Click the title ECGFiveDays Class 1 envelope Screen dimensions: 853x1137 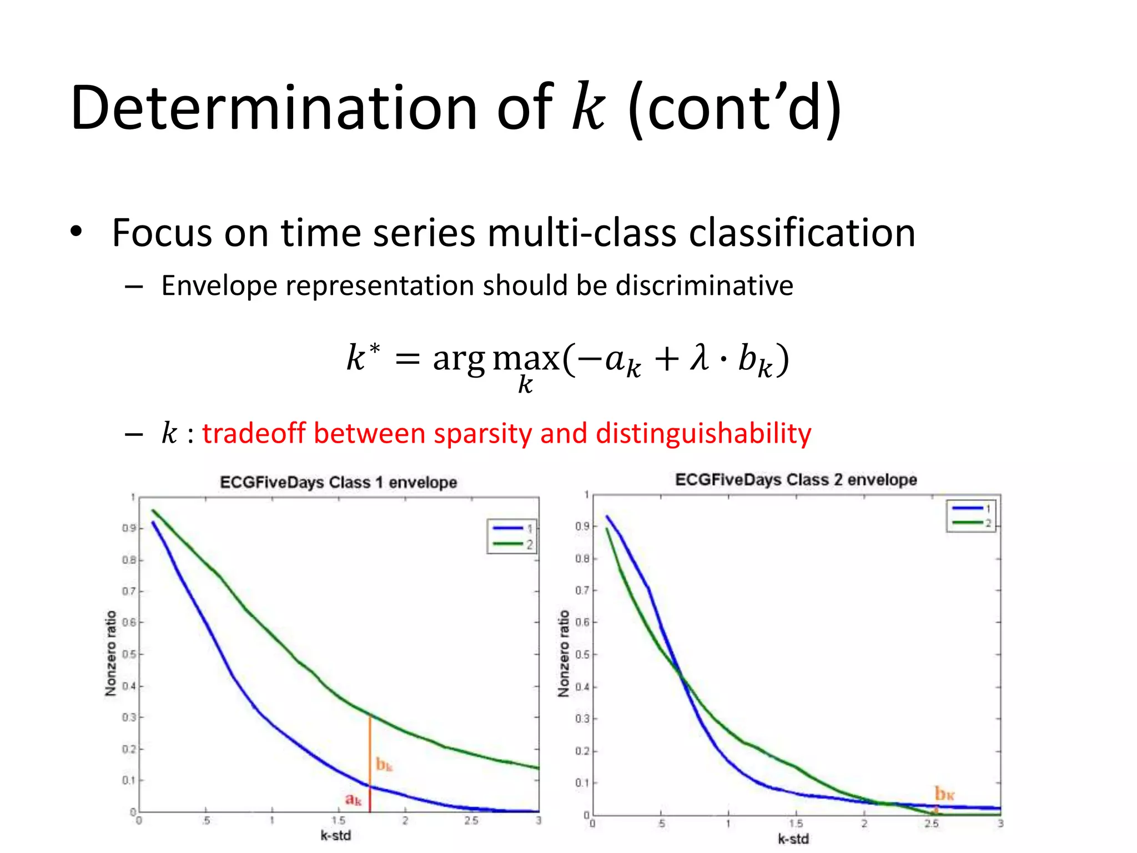point(338,482)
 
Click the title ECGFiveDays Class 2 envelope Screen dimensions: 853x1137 point(796,480)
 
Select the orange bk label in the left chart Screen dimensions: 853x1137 point(384,765)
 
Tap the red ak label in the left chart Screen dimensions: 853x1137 point(353,799)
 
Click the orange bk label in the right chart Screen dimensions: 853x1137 point(944,793)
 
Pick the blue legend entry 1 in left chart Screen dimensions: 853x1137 point(511,528)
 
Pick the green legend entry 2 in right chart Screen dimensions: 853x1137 point(972,523)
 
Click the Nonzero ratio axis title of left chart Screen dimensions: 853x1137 point(111,653)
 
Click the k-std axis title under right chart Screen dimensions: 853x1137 point(793,839)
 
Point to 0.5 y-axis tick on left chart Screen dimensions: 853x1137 point(129,654)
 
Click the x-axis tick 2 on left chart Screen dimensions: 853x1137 point(405,821)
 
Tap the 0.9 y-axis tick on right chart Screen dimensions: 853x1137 point(582,526)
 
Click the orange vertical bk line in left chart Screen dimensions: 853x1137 point(370,750)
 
